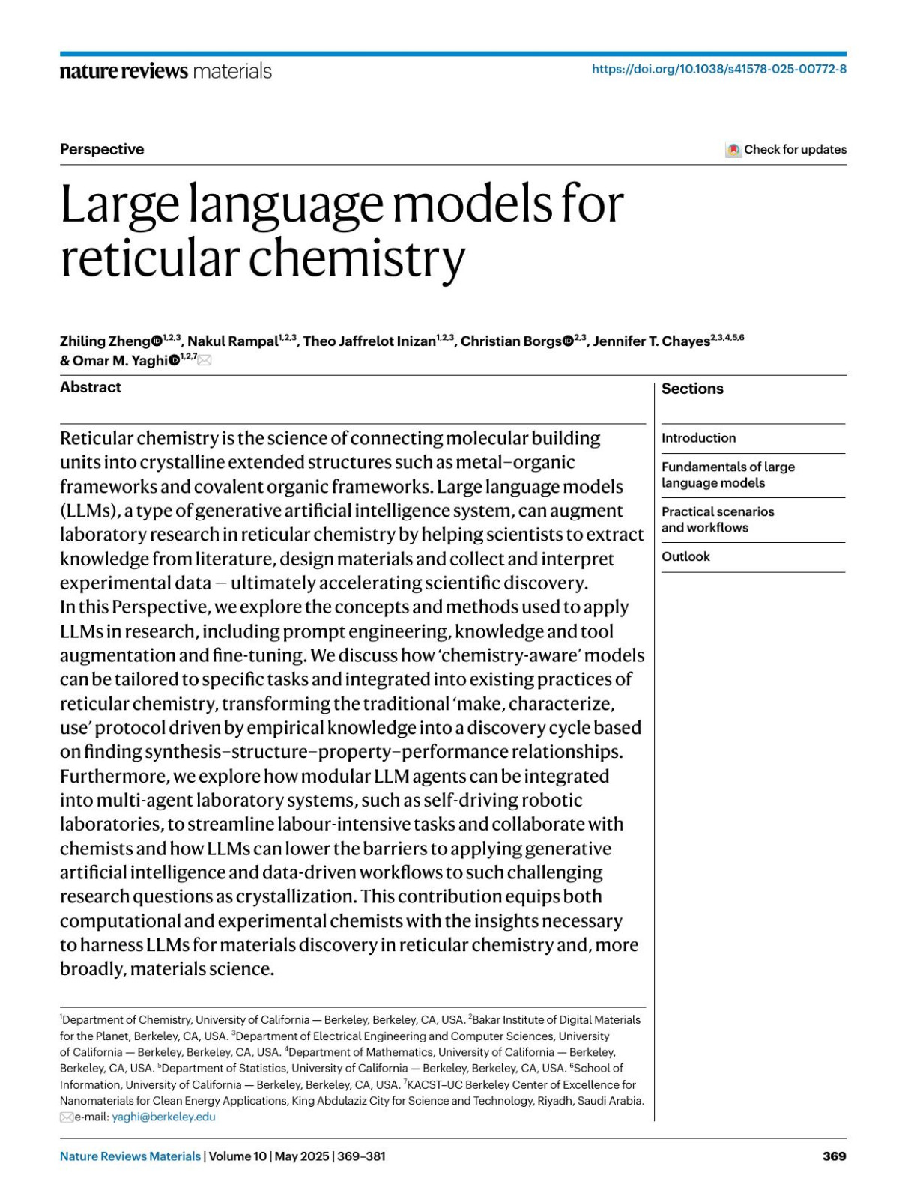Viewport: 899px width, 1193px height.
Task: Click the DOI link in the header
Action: point(718,69)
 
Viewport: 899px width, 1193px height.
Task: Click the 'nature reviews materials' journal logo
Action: point(166,71)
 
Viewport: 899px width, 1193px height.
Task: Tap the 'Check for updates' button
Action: point(786,149)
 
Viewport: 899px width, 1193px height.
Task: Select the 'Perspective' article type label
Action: point(102,149)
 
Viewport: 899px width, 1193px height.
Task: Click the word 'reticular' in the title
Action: point(150,258)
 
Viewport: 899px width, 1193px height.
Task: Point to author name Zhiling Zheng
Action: point(105,341)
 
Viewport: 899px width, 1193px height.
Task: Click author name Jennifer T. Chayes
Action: point(651,341)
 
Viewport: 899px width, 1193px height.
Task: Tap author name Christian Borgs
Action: point(510,341)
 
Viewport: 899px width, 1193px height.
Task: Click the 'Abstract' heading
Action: point(91,387)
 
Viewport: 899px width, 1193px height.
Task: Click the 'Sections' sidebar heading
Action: point(692,389)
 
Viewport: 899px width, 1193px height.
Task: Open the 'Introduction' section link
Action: point(698,438)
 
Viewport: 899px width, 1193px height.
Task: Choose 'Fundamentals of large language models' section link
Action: point(727,475)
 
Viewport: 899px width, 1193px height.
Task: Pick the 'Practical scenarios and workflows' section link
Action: point(717,520)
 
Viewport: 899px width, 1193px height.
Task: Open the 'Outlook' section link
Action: point(685,556)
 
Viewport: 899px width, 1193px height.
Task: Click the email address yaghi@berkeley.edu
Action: point(163,1117)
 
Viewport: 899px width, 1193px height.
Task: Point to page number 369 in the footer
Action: point(834,1156)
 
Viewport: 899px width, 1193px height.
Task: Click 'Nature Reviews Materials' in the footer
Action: point(130,1156)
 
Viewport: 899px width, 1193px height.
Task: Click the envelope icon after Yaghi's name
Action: point(205,360)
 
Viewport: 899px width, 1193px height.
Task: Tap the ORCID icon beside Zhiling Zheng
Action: point(157,341)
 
